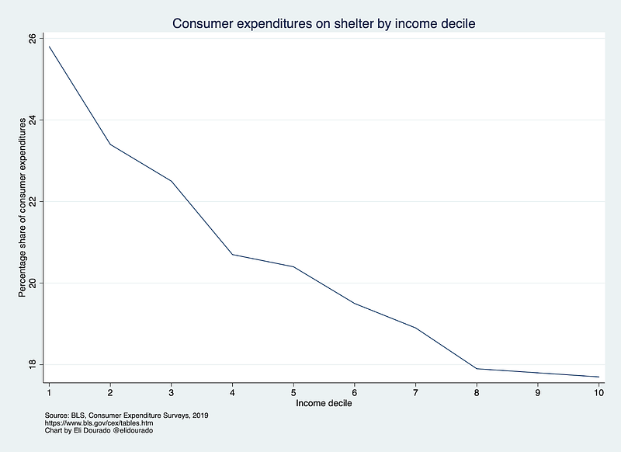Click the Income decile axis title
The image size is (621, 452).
(324, 404)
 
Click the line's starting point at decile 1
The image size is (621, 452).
(49, 47)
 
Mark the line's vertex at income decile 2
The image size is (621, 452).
(110, 144)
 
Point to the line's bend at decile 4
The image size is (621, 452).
(232, 254)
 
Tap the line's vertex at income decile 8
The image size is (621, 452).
(477, 368)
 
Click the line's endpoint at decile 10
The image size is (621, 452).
(598, 377)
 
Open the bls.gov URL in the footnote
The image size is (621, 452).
(89, 423)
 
